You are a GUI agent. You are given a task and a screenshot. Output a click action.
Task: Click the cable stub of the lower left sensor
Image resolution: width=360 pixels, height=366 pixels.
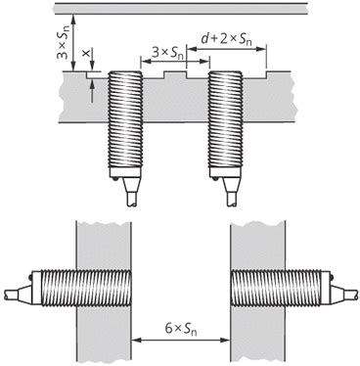pyautogui.click(x=11, y=293)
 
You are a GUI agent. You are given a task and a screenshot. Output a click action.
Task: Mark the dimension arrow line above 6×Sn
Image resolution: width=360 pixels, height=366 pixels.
pyautogui.click(x=179, y=340)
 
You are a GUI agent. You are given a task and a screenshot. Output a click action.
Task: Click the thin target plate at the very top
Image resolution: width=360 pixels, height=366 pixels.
pyautogui.click(x=179, y=8)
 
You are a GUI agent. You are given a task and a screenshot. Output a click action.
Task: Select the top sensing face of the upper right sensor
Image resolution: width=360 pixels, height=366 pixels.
pyautogui.click(x=224, y=72)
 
